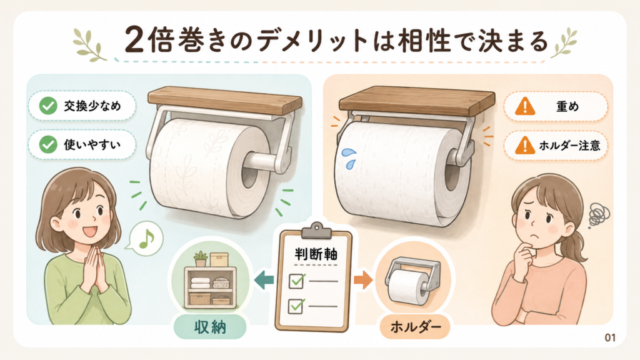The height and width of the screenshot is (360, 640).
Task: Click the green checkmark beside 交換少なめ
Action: pyautogui.click(x=48, y=106)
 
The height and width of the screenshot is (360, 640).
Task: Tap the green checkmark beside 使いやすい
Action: pyautogui.click(x=48, y=144)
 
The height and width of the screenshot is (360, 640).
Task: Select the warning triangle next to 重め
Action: pyautogui.click(x=525, y=106)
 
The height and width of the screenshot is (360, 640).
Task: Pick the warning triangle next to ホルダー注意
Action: pyautogui.click(x=525, y=145)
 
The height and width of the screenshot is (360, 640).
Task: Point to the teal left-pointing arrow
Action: pyautogui.click(x=264, y=280)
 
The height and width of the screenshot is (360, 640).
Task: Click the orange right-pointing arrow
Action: pyautogui.click(x=363, y=280)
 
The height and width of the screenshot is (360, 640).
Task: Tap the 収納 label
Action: pyautogui.click(x=210, y=327)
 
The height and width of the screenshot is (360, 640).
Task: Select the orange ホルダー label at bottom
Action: pyautogui.click(x=415, y=327)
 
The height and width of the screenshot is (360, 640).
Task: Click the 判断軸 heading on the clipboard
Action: pyautogui.click(x=316, y=254)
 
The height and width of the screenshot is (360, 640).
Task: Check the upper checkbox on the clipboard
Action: pyautogui.click(x=296, y=281)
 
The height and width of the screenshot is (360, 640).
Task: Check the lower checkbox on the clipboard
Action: pyautogui.click(x=296, y=306)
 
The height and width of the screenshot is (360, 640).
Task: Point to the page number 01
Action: pyautogui.click(x=610, y=337)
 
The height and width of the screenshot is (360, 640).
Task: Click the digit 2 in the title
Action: pyautogui.click(x=135, y=41)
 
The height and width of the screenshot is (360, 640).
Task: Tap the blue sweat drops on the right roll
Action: pyautogui.click(x=349, y=158)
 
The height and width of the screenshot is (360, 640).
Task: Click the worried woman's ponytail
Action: pyautogui.click(x=580, y=245)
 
